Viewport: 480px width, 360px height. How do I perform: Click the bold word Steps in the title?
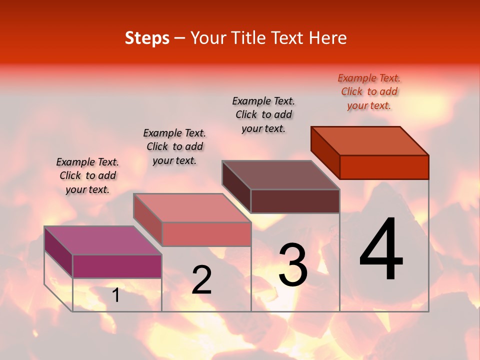pyautogui.click(x=147, y=38)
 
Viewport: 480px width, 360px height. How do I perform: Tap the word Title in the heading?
pyautogui.click(x=248, y=38)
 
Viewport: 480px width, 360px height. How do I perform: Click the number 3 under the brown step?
pyautogui.click(x=293, y=264)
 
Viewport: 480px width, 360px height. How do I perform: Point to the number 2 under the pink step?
pyautogui.click(x=201, y=280)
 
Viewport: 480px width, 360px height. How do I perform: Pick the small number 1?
pyautogui.click(x=116, y=295)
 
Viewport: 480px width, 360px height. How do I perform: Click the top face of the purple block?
pyautogui.click(x=103, y=240)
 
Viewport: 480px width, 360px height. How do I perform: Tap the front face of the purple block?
pyautogui.click(x=117, y=266)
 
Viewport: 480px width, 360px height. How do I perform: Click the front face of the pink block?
pyautogui.click(x=206, y=234)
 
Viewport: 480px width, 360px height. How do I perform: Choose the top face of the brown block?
pyautogui.click(x=280, y=175)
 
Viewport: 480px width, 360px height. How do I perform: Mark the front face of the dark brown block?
pyautogui.click(x=295, y=201)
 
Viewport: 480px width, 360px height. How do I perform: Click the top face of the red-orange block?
pyautogui.click(x=369, y=141)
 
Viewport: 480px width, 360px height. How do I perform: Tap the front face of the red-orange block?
pyautogui.click(x=384, y=167)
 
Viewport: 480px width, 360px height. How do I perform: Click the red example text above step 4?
pyautogui.click(x=369, y=92)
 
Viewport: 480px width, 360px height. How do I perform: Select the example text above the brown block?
pyautogui.click(x=263, y=114)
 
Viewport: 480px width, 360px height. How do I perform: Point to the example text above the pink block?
pyautogui.click(x=174, y=146)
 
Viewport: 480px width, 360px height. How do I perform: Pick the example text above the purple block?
pyautogui.click(x=87, y=175)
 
